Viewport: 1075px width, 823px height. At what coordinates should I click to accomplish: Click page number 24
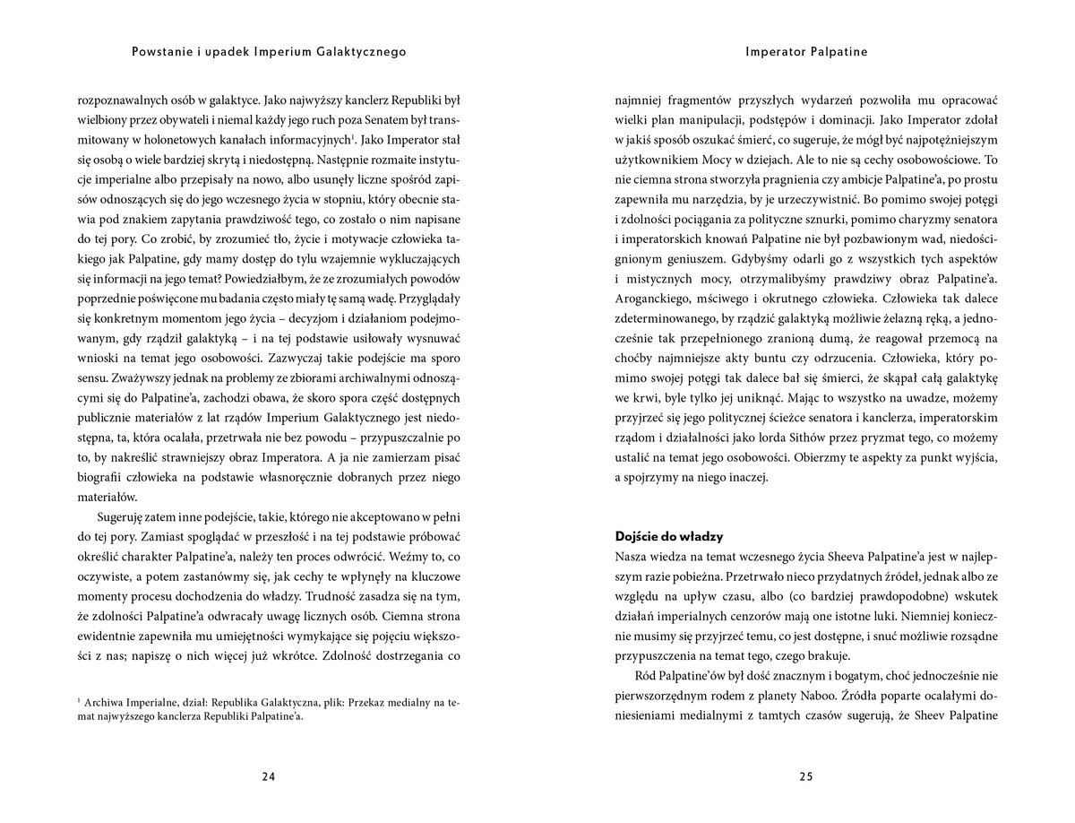click(268, 777)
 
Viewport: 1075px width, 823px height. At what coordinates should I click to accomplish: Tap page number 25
click(806, 777)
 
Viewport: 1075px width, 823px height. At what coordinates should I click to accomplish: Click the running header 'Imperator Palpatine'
click(806, 52)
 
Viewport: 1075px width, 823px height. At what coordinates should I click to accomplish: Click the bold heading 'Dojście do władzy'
click(670, 536)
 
